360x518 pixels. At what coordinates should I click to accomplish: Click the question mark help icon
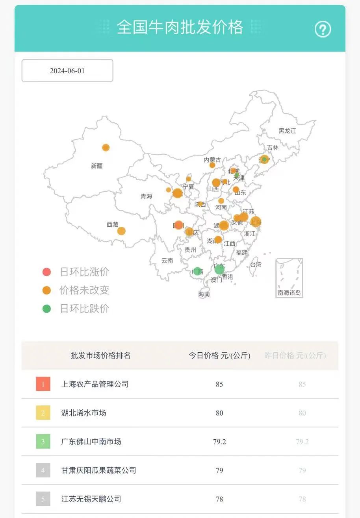[x=323, y=29]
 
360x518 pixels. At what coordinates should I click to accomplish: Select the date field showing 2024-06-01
[x=67, y=71]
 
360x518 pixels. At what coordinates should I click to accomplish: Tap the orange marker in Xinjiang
[x=106, y=148]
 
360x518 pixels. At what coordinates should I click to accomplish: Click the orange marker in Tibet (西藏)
[x=121, y=231]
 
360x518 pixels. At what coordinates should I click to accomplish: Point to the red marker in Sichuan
[x=179, y=225]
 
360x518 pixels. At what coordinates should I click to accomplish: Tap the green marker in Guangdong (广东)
[x=219, y=270]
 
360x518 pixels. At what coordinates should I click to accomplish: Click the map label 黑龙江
[x=287, y=131]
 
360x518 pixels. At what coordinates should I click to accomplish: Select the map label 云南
[x=167, y=261]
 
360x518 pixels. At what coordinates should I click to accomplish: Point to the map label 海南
[x=204, y=294]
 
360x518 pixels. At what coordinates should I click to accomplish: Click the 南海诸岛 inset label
[x=289, y=293]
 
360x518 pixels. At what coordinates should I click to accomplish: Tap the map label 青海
[x=146, y=196]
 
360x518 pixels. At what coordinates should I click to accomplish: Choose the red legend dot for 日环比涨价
[x=47, y=272]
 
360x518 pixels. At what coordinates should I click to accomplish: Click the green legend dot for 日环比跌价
[x=47, y=309]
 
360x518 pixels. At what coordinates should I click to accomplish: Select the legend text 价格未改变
[x=84, y=290]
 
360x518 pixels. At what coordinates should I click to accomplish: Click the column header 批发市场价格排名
[x=101, y=355]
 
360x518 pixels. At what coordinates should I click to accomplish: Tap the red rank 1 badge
[x=43, y=384]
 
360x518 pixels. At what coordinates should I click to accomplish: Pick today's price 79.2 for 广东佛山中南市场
[x=219, y=442]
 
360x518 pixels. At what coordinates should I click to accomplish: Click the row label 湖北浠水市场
[x=84, y=413]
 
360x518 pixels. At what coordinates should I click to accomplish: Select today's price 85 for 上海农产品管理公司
[x=219, y=384]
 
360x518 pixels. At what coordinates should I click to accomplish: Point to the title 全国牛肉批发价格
[x=180, y=28]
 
